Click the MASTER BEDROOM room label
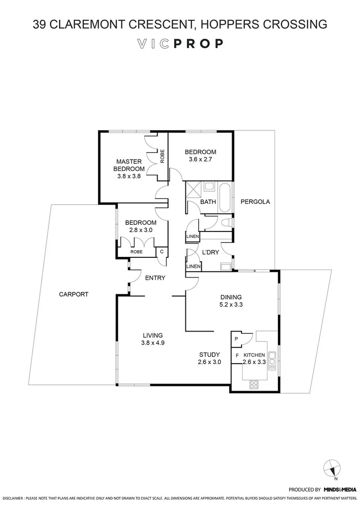click(129, 165)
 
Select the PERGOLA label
click(255, 202)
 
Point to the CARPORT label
click(74, 294)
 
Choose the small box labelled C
click(162, 252)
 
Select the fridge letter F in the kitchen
click(236, 355)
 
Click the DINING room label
click(231, 297)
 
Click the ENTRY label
click(155, 278)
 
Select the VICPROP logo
click(180, 44)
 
